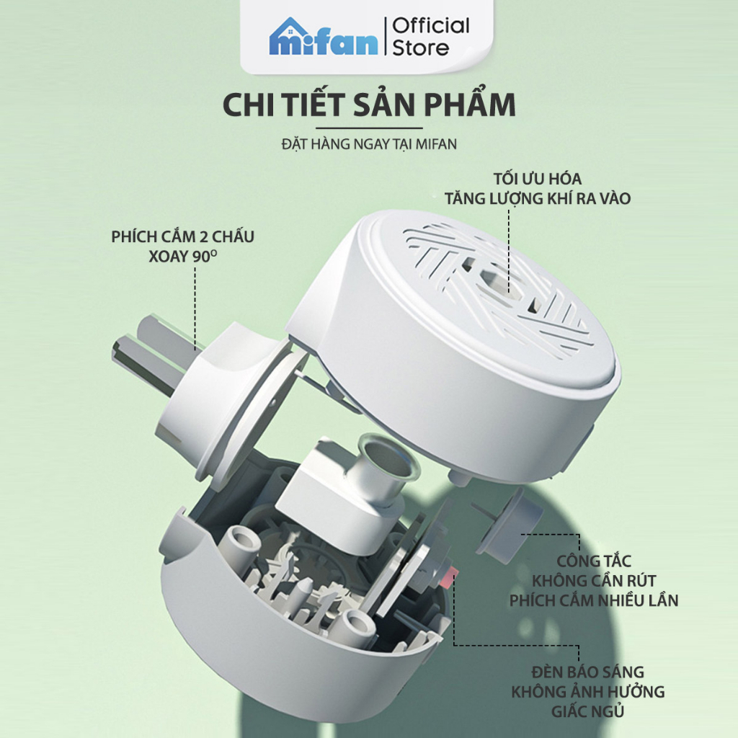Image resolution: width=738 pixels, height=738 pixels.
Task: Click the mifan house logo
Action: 324,37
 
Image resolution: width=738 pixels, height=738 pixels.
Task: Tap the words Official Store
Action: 431,37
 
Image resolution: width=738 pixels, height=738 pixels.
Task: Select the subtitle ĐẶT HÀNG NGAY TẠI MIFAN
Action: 369,144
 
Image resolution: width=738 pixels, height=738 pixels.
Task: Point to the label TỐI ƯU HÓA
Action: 538,179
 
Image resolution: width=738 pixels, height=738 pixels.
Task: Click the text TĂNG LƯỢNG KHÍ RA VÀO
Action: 538,199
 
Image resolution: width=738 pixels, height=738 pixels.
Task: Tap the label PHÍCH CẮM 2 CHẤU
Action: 182,236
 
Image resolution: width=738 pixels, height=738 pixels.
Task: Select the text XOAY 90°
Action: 182,257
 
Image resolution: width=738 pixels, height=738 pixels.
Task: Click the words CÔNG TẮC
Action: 594,561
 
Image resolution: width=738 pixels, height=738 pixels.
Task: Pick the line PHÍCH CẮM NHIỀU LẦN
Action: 594,600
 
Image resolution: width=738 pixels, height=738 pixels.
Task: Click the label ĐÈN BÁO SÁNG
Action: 588,672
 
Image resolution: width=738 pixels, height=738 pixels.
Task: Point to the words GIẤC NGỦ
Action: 588,711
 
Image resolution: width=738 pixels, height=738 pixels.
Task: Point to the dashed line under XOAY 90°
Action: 195,309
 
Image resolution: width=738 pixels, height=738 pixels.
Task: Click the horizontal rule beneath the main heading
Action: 369,128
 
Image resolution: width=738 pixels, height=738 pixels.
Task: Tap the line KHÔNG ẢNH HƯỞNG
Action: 588,691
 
